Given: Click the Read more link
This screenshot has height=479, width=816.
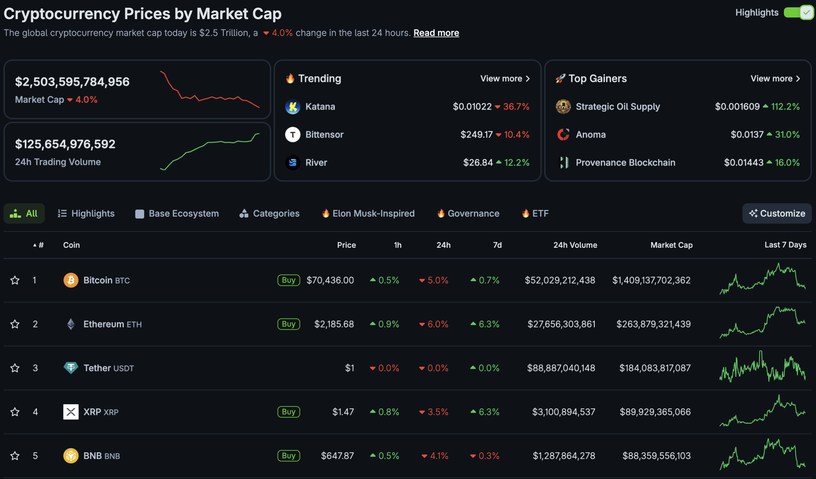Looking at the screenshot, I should (x=436, y=33).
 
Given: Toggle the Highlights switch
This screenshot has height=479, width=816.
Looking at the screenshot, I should (x=798, y=13).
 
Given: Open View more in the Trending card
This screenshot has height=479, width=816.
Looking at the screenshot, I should (x=505, y=79).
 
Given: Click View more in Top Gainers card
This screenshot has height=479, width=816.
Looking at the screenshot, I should (x=775, y=79).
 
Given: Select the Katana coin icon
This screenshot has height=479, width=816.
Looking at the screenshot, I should (x=292, y=107).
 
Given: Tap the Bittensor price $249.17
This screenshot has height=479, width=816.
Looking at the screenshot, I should (x=476, y=135).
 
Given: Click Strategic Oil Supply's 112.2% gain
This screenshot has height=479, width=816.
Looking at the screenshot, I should (x=785, y=107).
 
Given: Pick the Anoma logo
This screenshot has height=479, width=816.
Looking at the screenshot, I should (x=563, y=135).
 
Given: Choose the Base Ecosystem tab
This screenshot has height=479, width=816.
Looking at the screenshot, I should (x=177, y=214).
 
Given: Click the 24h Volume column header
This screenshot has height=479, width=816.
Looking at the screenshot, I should (x=575, y=245).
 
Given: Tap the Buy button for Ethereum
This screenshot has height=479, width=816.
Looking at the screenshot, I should (x=288, y=324).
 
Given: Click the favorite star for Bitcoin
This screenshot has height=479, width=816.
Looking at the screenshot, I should (x=15, y=280).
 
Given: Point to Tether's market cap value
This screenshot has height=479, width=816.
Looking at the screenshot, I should (x=655, y=368).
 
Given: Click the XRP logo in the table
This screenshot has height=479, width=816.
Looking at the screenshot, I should (x=71, y=412).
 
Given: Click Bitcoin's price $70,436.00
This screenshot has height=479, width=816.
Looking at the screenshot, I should (x=330, y=280).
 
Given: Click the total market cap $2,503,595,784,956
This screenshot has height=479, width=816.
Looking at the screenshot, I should (x=72, y=82).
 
